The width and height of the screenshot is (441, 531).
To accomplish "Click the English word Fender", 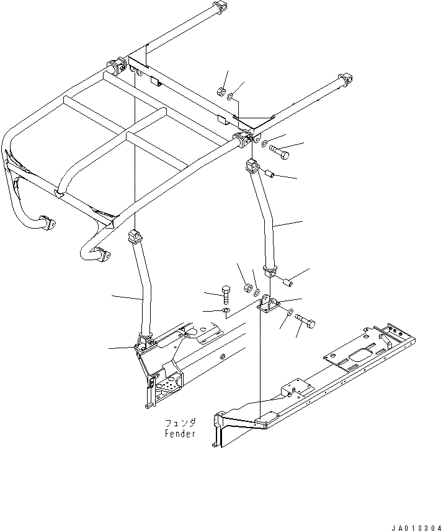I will pyautogui.click(x=180, y=434).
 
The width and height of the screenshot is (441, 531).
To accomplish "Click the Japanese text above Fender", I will pyautogui.click(x=180, y=423).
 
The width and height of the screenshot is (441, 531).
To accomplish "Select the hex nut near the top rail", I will pyautogui.click(x=220, y=93).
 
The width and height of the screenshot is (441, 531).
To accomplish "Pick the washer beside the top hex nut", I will pyautogui.click(x=230, y=96).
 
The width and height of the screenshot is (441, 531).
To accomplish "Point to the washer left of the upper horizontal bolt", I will pyautogui.click(x=265, y=144).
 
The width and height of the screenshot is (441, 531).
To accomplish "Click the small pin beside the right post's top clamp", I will pyautogui.click(x=270, y=174).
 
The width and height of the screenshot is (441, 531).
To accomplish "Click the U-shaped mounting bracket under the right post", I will pyautogui.click(x=268, y=305).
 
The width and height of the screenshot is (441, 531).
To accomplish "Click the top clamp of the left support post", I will pyautogui.click(x=132, y=236).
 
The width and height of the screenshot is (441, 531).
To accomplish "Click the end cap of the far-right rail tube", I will pyautogui.click(x=345, y=80).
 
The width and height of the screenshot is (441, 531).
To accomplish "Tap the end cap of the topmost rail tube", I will pyautogui.click(x=217, y=9).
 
